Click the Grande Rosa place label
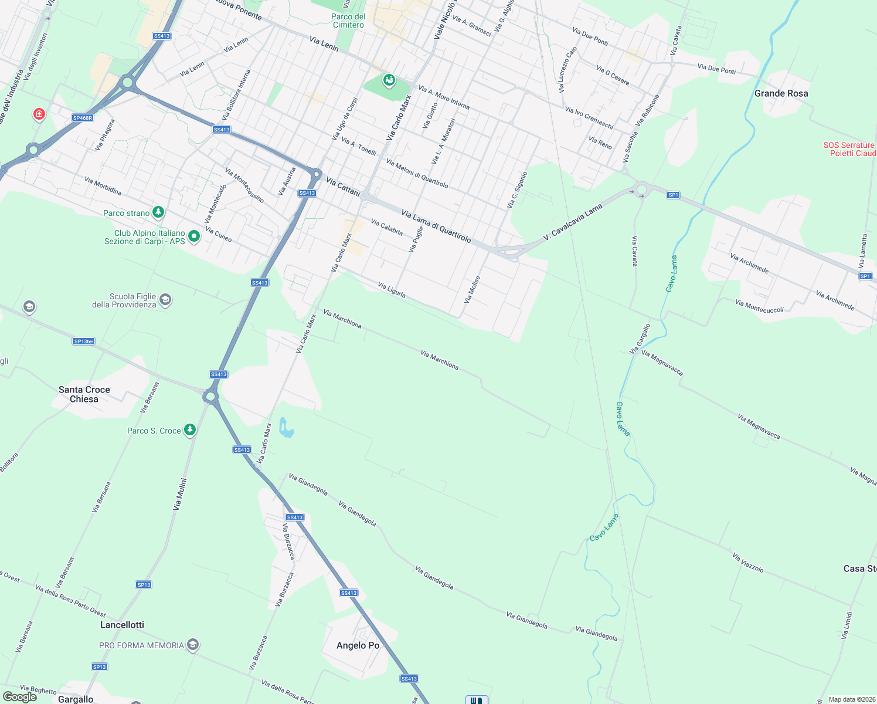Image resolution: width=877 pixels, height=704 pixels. click(781, 93)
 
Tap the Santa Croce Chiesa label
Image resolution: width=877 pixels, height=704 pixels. click(84, 394)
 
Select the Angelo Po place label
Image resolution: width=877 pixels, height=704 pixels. click(358, 645)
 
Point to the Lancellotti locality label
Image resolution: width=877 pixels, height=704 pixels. click(122, 625)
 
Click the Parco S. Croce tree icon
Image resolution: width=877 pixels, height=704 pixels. click(189, 430)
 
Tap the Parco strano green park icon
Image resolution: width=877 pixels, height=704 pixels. click(158, 212)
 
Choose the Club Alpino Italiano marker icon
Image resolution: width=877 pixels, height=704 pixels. click(194, 236)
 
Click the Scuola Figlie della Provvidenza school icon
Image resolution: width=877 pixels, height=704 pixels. click(165, 300)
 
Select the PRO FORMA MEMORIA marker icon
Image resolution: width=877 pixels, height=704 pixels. click(193, 645)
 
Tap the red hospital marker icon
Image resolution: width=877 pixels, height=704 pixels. click(39, 113)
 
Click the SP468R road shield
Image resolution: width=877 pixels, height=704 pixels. click(83, 118)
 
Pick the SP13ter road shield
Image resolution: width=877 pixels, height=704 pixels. click(84, 341)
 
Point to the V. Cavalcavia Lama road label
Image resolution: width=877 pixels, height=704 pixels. click(573, 222)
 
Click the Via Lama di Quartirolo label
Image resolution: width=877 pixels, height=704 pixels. click(436, 226)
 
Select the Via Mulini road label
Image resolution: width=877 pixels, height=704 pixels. click(180, 494)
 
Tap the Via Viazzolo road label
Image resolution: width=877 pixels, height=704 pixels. click(748, 563)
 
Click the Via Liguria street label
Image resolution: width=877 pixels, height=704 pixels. click(392, 290)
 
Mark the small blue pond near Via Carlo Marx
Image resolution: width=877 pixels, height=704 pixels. click(285, 428)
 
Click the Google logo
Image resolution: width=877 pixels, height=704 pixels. click(20, 697)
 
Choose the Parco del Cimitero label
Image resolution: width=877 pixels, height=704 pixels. click(349, 21)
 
